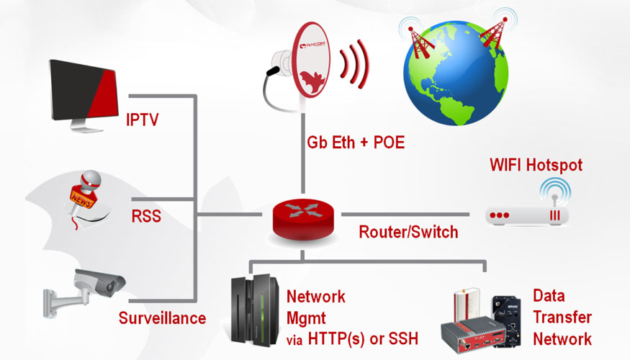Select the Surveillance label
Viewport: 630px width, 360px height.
click(x=162, y=318)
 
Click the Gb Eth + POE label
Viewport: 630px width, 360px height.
click(x=356, y=142)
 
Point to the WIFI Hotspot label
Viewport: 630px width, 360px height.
click(x=535, y=166)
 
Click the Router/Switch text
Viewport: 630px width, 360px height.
click(x=409, y=233)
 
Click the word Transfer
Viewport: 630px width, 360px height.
click(x=562, y=317)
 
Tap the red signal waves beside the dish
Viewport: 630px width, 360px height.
click(x=356, y=65)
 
